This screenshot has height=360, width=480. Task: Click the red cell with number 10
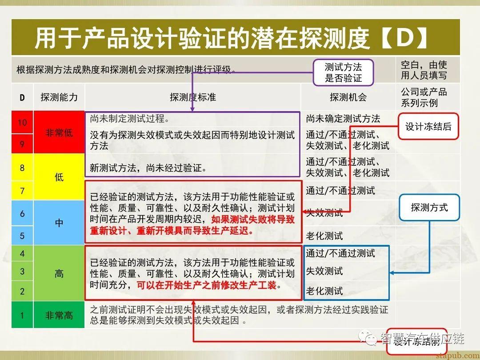tap(22, 122)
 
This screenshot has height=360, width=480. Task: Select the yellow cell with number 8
tap(22, 168)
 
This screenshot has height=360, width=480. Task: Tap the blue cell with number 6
tap(22, 213)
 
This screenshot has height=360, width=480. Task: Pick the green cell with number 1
tap(22, 315)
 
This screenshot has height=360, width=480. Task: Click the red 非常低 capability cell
tap(59, 132)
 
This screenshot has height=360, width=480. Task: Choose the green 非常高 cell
tap(59, 315)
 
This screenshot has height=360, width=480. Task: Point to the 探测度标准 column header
tap(193, 97)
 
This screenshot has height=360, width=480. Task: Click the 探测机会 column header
tap(348, 97)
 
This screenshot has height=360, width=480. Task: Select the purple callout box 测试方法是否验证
tap(343, 72)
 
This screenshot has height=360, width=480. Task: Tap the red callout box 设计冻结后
tap(428, 127)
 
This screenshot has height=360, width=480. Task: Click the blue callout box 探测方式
tap(429, 207)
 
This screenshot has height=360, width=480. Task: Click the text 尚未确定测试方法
tap(343, 119)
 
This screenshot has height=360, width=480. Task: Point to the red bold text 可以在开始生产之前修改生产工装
tap(206, 285)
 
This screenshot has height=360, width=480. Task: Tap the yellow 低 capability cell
tap(59, 177)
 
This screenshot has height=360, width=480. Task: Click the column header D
tap(22, 97)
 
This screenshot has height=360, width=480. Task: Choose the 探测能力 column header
tap(59, 97)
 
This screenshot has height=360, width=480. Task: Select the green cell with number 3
tap(22, 271)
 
